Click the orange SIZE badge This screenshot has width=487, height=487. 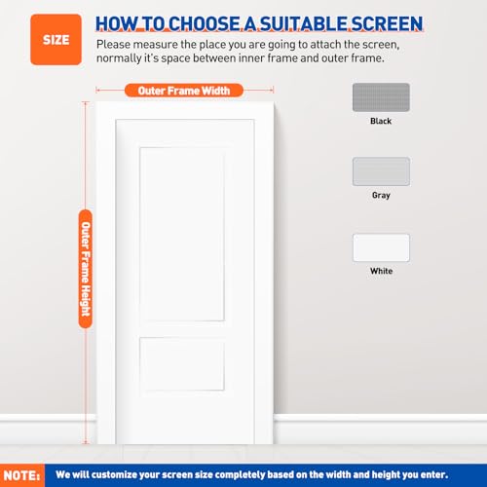pos(56,40)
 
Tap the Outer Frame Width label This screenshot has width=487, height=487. pos(184,91)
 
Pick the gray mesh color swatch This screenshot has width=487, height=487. pos(380,171)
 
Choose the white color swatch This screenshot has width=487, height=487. pos(380,247)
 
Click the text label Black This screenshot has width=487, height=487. pos(380,122)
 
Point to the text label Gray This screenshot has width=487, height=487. pos(380,196)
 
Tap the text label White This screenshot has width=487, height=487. pos(380,271)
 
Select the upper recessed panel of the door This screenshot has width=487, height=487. pos(183,234)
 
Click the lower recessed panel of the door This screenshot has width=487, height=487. pos(183,364)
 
